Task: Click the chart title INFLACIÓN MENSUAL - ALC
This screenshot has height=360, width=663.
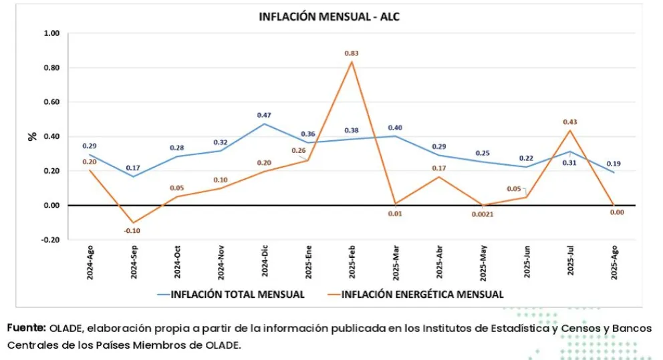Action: click(x=329, y=17)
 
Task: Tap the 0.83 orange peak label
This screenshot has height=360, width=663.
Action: click(x=352, y=53)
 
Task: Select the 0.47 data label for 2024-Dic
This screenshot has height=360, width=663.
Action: click(x=264, y=115)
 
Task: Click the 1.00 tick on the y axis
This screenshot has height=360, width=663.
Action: click(x=51, y=33)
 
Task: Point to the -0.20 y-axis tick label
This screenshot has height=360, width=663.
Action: click(x=50, y=240)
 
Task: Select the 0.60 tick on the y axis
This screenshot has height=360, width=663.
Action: click(x=51, y=102)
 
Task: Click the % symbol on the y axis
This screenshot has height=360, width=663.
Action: click(x=31, y=136)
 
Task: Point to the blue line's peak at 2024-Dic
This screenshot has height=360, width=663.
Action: click(x=265, y=124)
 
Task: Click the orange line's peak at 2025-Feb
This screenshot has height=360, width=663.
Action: click(x=352, y=62)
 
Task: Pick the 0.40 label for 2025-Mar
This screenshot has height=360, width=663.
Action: click(x=395, y=128)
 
